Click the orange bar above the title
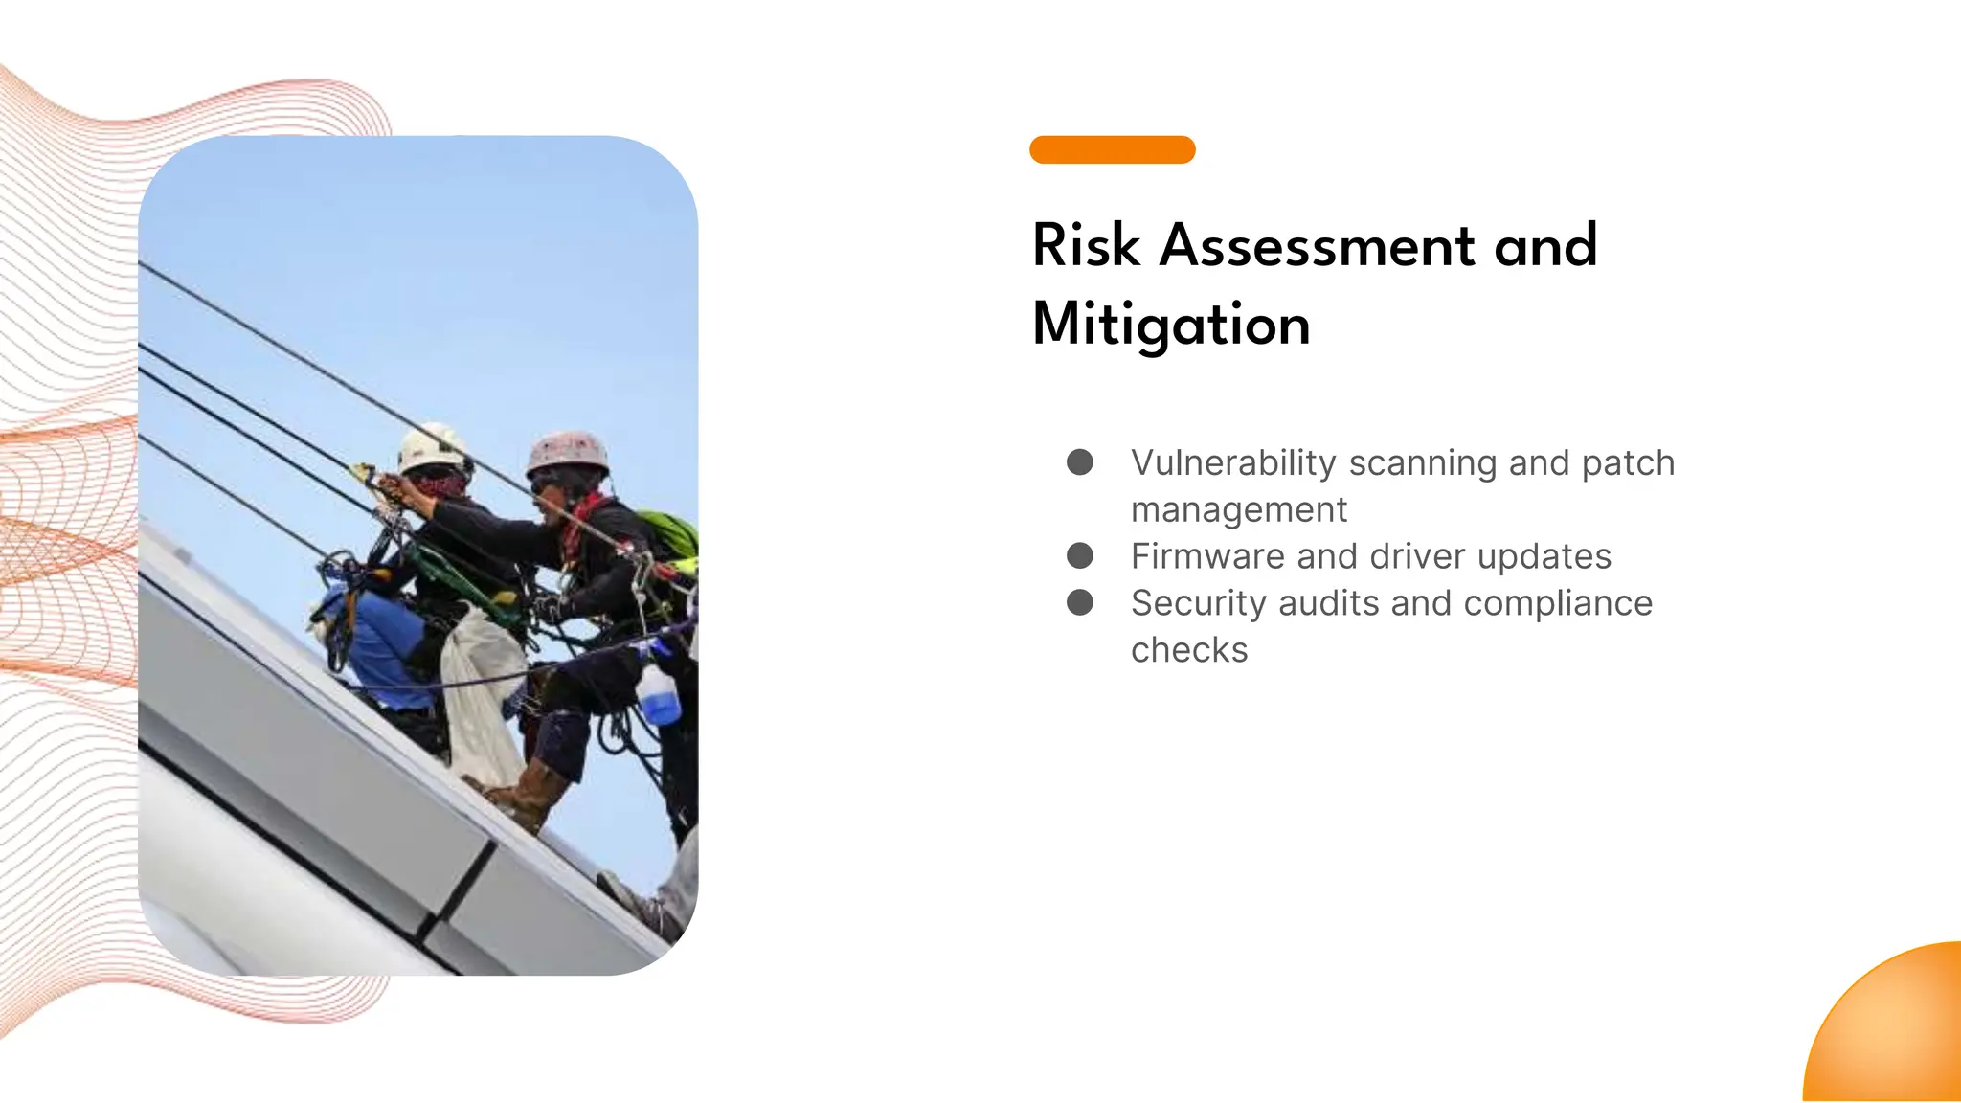coord(1112,150)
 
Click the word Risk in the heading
coord(1086,246)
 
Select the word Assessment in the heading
coord(1318,246)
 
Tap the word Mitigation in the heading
coord(1171,325)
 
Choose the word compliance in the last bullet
coord(1558,603)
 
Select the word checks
coord(1189,650)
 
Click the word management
coord(1239,510)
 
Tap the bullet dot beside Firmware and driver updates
coord(1080,555)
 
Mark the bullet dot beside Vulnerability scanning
coord(1080,462)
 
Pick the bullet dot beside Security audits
coord(1080,602)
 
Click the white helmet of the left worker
coord(431,446)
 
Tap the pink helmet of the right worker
coord(568,453)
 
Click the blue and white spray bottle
coord(658,691)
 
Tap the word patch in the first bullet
coord(1628,463)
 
